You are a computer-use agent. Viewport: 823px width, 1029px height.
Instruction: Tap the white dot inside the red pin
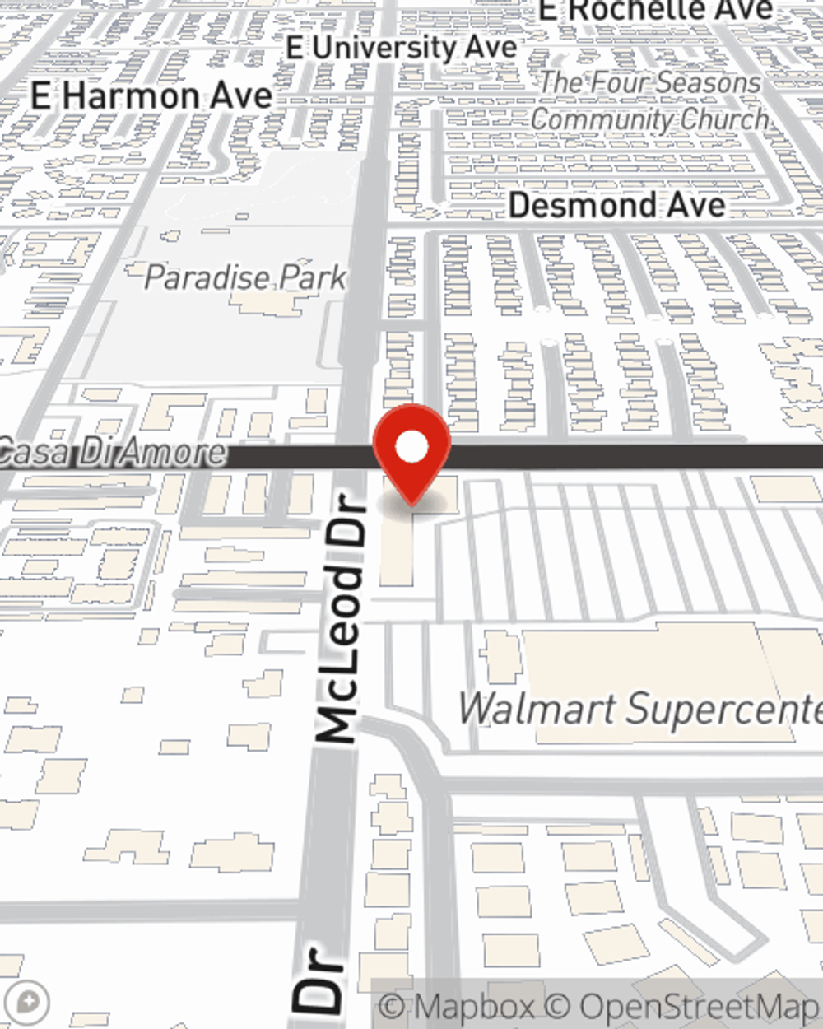(411, 448)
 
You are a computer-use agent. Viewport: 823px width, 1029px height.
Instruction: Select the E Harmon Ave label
(151, 97)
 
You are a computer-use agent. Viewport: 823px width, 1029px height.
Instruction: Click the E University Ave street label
(402, 48)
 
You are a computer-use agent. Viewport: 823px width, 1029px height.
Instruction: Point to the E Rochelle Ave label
(655, 11)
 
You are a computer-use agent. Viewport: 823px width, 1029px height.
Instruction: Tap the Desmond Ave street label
(617, 205)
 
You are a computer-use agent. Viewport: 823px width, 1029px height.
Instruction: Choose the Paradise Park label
(244, 277)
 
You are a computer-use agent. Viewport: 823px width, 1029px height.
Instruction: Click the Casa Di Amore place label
(112, 453)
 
